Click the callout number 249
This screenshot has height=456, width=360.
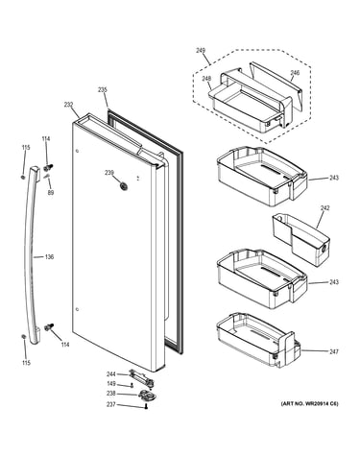tap(201, 51)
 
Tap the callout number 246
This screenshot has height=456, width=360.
tap(295, 73)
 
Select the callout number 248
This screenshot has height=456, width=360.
tap(206, 79)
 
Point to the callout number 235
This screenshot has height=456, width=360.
tap(103, 90)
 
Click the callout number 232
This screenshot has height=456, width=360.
tap(68, 105)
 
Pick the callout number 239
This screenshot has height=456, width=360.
tap(109, 173)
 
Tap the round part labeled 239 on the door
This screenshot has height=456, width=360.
tap(123, 185)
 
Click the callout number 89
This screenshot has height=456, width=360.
tap(51, 193)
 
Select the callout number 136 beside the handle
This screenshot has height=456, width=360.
tap(49, 257)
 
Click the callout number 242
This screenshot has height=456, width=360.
tap(324, 208)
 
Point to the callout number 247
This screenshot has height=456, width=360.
tap(334, 351)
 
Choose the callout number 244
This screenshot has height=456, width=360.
tap(111, 373)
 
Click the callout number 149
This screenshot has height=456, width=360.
tap(111, 384)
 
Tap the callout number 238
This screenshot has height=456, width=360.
tap(111, 394)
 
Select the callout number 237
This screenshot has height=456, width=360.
tap(111, 405)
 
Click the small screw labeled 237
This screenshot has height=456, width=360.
tap(146, 406)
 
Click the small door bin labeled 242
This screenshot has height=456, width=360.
tap(300, 239)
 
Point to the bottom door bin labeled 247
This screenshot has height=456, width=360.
tap(258, 340)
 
